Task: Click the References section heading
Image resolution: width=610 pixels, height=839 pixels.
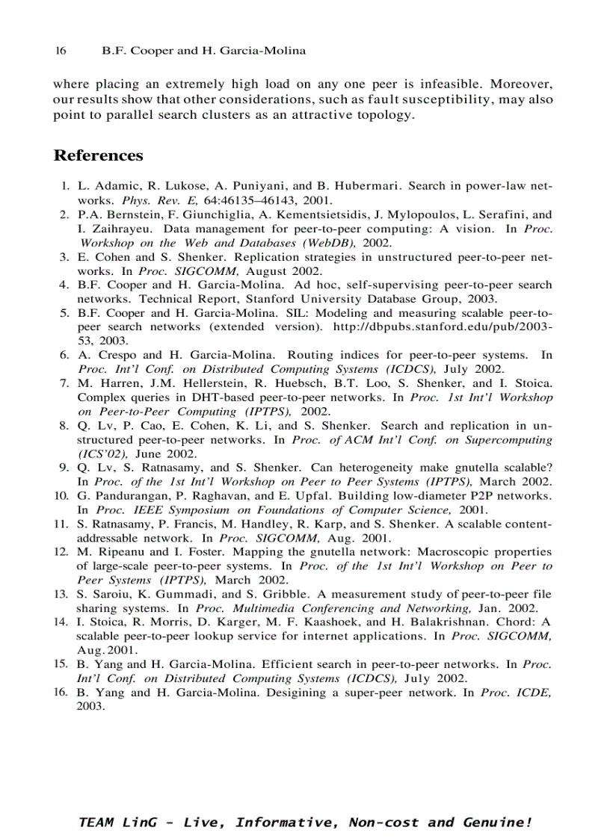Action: [x=98, y=156]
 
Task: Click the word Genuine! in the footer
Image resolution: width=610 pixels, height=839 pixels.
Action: [x=499, y=823]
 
